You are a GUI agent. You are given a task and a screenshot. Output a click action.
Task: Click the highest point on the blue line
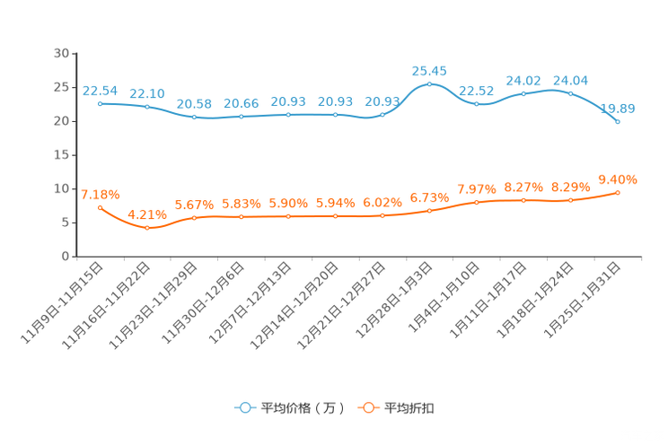click(429, 84)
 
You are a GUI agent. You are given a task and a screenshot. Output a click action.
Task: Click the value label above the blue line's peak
click(429, 70)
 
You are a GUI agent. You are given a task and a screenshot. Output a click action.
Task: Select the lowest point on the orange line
click(147, 228)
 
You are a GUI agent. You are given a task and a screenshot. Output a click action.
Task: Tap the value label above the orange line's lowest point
click(147, 214)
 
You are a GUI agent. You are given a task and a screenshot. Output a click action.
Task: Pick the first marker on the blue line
click(101, 102)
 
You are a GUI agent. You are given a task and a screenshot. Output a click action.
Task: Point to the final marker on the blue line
click(618, 121)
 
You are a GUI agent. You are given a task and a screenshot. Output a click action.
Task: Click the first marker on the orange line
click(101, 207)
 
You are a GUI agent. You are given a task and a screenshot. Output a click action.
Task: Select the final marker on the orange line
click(618, 191)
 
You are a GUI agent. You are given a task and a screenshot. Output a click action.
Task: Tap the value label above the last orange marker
click(618, 178)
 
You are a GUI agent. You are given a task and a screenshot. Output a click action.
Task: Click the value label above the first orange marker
click(101, 195)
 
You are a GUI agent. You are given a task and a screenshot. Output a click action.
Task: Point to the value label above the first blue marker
click(101, 90)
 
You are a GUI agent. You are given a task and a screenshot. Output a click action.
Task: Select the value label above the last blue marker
click(618, 108)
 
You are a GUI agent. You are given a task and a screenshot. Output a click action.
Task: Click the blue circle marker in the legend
click(244, 407)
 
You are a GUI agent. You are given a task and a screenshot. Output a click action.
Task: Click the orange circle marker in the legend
click(368, 407)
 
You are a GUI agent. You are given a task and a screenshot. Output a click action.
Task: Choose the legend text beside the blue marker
click(302, 408)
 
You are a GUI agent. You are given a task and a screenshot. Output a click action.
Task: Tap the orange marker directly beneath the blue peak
click(429, 210)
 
